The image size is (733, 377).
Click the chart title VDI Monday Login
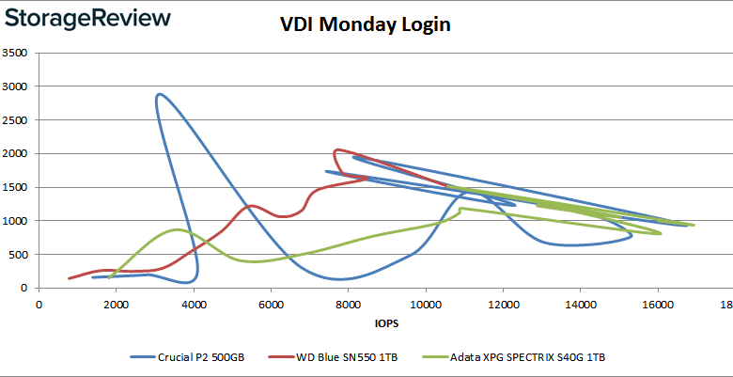point(366,24)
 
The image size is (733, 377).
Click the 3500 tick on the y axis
point(15,53)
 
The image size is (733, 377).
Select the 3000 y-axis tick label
point(15,86)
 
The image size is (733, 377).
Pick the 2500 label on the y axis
point(15,119)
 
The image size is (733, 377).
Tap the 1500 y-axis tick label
point(15,187)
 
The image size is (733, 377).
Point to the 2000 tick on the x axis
point(116,304)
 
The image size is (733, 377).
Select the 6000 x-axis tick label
point(271,304)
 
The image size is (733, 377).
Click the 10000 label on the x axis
point(426,304)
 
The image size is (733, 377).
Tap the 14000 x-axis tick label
point(580,304)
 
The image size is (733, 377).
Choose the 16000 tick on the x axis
point(658,304)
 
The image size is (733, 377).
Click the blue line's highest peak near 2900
point(159,94)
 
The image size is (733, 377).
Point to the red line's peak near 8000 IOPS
point(337,149)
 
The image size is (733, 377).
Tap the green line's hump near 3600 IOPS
point(178,229)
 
